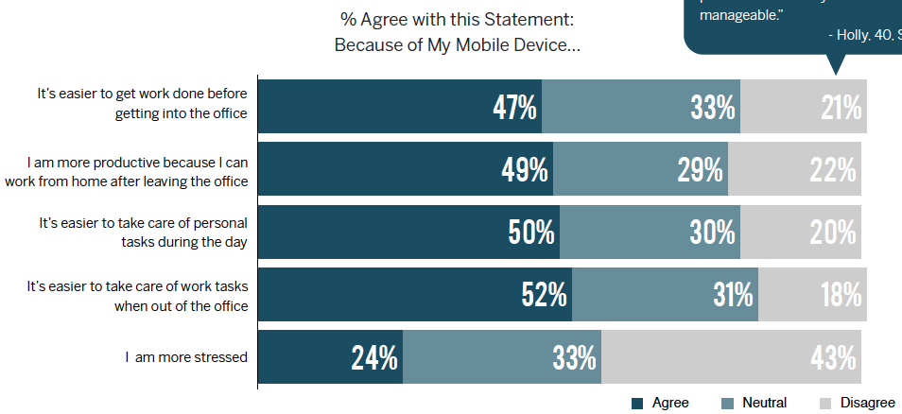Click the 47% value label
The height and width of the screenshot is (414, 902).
[x=515, y=108]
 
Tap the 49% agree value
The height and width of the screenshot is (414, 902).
[x=525, y=170]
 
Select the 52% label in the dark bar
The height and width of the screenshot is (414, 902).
[x=545, y=295]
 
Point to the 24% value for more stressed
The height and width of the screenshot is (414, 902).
[x=374, y=357]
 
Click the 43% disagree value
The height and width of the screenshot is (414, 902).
[x=833, y=357]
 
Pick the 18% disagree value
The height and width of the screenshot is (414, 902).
[x=840, y=295]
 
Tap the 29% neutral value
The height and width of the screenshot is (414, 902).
[x=701, y=170]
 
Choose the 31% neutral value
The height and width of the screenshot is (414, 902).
[x=733, y=295]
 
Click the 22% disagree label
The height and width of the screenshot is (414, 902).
[x=833, y=170]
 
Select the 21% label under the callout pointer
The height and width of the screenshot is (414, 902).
[x=841, y=108]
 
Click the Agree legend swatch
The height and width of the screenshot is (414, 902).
[x=637, y=404]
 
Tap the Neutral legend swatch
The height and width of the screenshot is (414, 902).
[x=727, y=404]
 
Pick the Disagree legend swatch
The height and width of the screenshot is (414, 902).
[x=825, y=404]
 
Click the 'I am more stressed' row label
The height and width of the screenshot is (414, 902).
[x=186, y=357]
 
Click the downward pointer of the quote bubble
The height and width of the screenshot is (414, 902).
[x=834, y=66]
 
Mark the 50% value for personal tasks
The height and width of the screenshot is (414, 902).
[x=531, y=233]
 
